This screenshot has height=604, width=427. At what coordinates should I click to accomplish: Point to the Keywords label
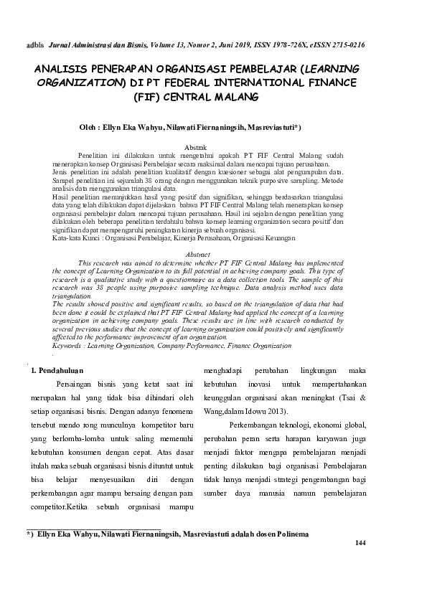[68, 345]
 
